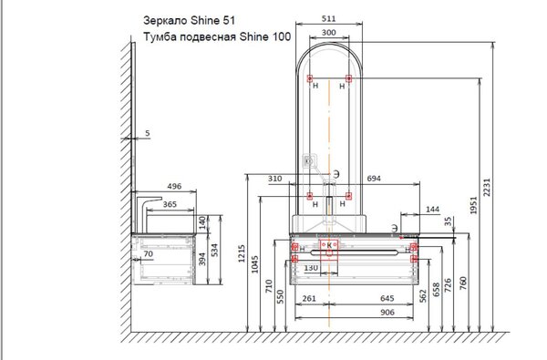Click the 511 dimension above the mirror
(328, 18)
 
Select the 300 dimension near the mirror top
(328, 33)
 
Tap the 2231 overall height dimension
(487, 188)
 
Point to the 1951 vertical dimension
(473, 205)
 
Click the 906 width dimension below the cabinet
(387, 313)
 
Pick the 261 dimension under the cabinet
(309, 299)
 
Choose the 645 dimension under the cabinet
(387, 298)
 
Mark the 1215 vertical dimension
(242, 253)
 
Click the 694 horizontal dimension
(374, 179)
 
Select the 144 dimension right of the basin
(432, 210)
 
